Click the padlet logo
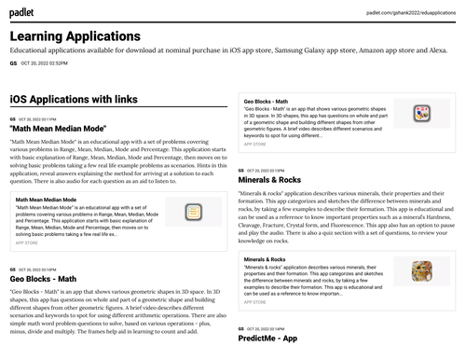click(x=21, y=10)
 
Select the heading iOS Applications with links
click(x=74, y=99)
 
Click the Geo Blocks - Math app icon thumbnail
click(x=421, y=114)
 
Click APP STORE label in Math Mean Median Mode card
click(x=27, y=242)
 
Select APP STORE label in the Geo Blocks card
click(x=254, y=145)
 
